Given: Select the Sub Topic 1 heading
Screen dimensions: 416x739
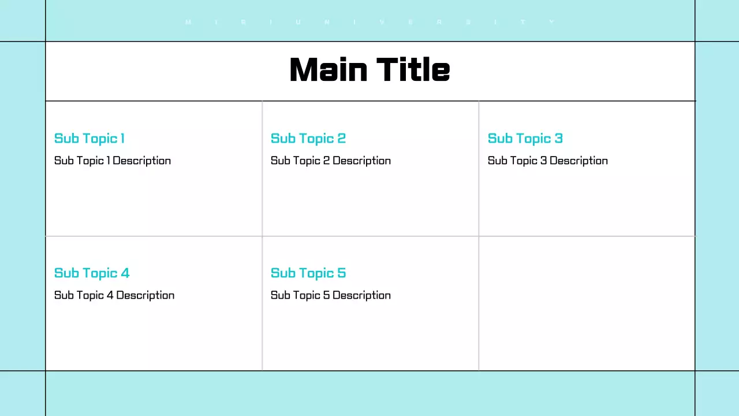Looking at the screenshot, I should click(89, 139).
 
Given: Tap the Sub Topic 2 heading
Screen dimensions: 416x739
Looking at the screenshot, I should click(308, 139).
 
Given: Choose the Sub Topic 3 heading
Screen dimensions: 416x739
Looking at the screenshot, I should click(525, 139).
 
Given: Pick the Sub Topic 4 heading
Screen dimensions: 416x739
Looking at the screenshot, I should click(92, 273).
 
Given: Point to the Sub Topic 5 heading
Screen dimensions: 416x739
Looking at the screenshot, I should click(308, 273).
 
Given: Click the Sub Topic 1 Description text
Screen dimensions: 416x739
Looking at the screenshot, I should click(113, 161).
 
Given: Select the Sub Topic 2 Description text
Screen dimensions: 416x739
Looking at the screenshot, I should click(331, 161).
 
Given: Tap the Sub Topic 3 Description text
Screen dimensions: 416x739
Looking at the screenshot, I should click(548, 161).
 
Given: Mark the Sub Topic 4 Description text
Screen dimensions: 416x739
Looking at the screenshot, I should click(114, 295).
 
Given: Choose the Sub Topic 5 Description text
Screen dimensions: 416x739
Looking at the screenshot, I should click(331, 295).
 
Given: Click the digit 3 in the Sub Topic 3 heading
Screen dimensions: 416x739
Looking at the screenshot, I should click(558, 139).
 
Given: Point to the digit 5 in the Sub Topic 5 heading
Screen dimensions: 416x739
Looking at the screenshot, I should click(342, 273).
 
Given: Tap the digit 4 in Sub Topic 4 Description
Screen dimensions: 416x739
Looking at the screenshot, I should click(110, 295).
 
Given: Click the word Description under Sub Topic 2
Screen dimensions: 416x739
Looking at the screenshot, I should click(362, 161).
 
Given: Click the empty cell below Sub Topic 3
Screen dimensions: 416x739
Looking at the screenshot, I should click(587, 303).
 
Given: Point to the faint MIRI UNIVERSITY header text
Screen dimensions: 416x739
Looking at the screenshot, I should click(369, 22).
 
